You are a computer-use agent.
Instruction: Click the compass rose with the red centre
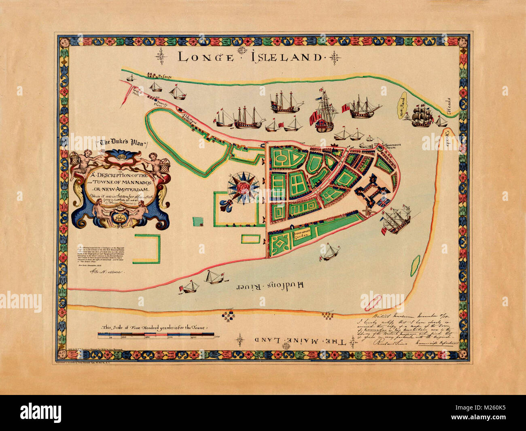243,187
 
